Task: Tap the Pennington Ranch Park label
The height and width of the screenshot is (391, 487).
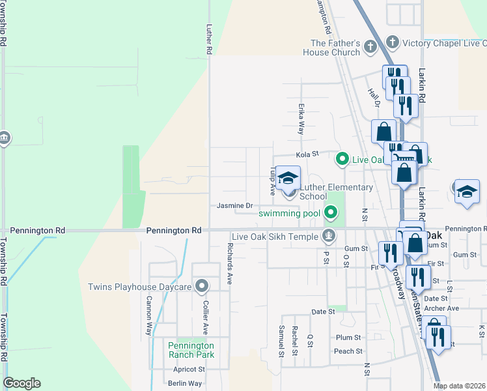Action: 191,350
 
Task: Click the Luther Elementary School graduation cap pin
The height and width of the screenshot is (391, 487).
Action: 288,179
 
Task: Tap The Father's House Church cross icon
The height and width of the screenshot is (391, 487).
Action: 370,47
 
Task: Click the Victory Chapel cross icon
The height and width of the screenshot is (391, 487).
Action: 392,43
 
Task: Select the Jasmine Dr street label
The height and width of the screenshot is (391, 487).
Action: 235,206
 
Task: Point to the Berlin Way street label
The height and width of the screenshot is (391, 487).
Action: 182,384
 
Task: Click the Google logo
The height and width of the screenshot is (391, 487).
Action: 21,383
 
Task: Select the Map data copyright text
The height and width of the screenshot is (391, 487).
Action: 460,386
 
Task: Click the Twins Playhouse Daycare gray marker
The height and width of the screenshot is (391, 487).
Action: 202,285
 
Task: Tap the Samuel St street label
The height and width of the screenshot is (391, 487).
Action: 282,341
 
